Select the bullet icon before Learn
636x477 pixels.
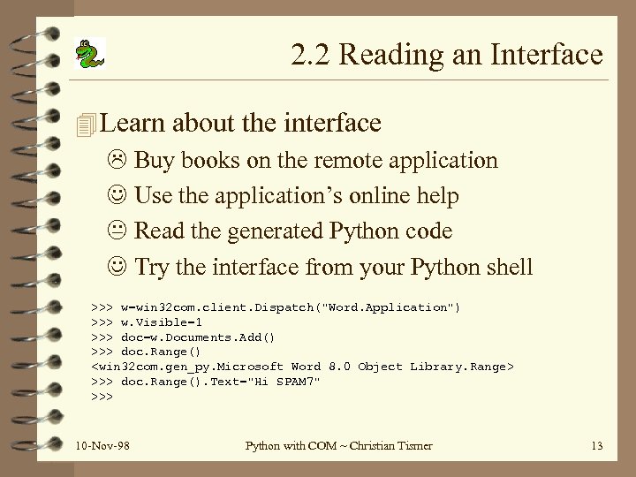tap(85, 123)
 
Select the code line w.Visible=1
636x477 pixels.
tap(161, 322)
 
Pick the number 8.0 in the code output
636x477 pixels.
tap(340, 367)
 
